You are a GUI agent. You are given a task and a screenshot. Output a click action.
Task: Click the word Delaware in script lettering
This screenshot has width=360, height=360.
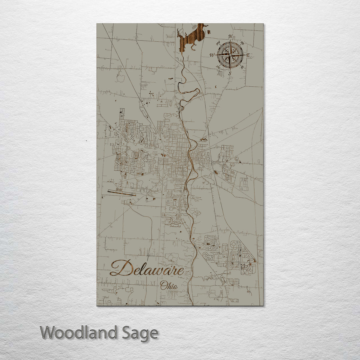point(147,268)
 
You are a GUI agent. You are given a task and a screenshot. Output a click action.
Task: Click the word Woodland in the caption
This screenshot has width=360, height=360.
point(79,333)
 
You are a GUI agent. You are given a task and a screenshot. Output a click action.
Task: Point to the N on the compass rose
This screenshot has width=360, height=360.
point(230,37)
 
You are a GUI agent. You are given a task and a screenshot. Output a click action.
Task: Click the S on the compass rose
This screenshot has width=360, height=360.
point(230,73)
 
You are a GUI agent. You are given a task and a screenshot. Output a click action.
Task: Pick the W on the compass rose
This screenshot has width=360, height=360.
point(212,55)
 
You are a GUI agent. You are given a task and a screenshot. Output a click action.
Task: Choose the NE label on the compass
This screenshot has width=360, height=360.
point(242,43)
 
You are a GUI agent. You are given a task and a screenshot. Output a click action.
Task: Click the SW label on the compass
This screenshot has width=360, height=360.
point(218,67)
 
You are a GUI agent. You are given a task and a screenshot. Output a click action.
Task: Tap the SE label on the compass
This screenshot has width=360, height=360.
point(242,67)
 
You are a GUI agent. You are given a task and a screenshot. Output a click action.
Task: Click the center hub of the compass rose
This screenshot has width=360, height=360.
point(230,55)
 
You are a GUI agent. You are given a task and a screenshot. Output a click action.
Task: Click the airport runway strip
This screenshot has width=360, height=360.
point(122,193)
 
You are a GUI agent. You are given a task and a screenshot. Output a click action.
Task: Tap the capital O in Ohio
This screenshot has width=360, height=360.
point(163,285)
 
